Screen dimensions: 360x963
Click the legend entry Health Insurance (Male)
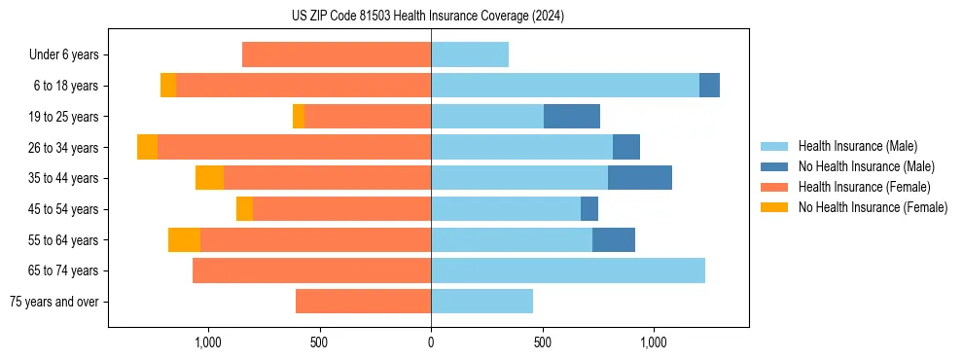[857, 146]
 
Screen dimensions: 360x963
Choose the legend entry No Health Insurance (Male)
[866, 166]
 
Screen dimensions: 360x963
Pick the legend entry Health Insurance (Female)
[865, 187]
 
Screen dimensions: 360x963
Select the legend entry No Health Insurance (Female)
[873, 207]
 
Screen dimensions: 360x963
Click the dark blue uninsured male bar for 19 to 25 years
[571, 117]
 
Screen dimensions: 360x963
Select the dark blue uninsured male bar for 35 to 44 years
[639, 178]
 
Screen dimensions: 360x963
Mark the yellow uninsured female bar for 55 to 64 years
[184, 239]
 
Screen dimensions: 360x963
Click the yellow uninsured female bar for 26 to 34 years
[147, 147]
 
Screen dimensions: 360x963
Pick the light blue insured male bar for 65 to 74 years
[568, 270]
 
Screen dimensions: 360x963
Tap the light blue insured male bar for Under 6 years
[470, 54]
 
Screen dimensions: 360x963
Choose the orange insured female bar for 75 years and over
[363, 302]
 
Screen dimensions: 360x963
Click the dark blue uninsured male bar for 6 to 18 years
[709, 86]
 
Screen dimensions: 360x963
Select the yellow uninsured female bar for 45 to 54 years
[244, 209]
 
